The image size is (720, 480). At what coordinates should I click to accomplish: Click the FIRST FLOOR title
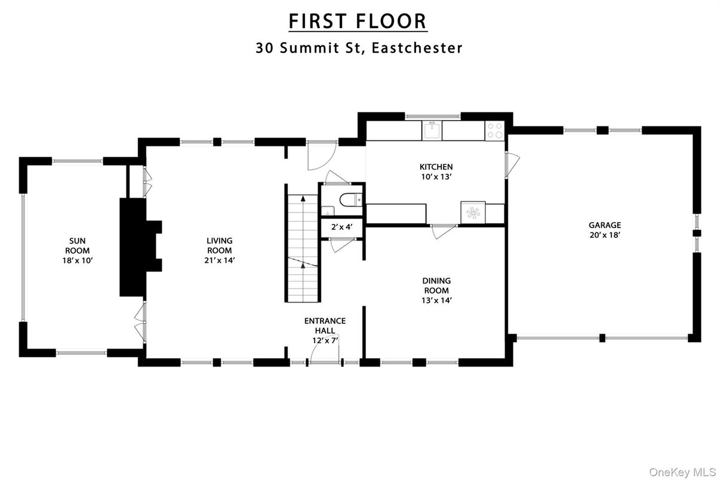[x=358, y=21]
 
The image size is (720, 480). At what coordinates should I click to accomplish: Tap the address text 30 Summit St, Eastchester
[x=359, y=48]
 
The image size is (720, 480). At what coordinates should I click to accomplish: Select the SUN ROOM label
[x=77, y=246]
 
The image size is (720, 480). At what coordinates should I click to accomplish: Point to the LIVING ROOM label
[x=219, y=246]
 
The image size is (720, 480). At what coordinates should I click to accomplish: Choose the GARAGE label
[x=604, y=225]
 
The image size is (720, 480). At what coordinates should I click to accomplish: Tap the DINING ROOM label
[x=436, y=285]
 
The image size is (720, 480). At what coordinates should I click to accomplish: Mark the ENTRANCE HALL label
[x=325, y=325]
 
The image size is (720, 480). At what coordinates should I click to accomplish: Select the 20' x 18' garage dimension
[x=604, y=235]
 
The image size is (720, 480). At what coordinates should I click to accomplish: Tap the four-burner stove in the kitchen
[x=495, y=131]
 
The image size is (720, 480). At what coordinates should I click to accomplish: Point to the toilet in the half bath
[x=346, y=199]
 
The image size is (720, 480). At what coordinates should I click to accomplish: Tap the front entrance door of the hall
[x=324, y=362]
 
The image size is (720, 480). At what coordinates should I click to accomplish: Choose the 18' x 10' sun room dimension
[x=77, y=260]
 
